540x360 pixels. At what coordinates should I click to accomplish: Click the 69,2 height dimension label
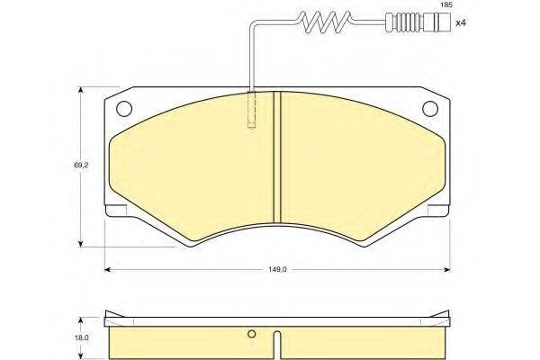(x=81, y=166)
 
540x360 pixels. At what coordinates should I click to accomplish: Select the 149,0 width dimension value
(x=277, y=269)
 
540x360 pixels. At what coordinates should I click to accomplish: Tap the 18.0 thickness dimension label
(x=81, y=338)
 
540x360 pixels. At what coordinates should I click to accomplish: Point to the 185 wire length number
(x=445, y=4)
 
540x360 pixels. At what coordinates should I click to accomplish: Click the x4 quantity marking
(x=461, y=23)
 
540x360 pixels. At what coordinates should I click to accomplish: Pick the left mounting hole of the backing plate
(x=124, y=109)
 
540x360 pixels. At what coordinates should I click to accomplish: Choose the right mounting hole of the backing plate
(x=430, y=109)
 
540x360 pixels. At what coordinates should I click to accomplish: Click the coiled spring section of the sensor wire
(x=325, y=22)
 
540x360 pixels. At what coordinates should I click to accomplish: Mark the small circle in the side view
(x=252, y=334)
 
